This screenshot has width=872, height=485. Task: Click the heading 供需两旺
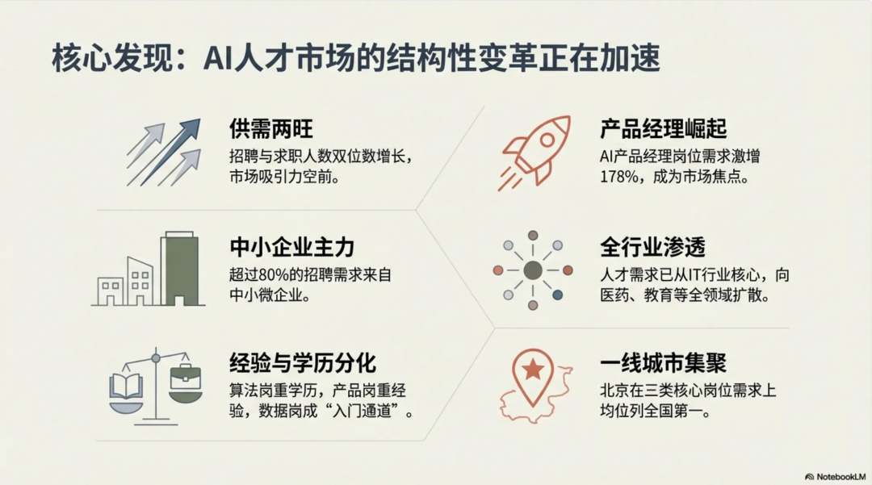coord(270,129)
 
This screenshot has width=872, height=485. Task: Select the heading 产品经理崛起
coord(664,129)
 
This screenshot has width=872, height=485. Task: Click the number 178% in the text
coord(617,176)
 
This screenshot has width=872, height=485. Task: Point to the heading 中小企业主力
coord(291,246)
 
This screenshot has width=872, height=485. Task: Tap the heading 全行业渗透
coord(653,246)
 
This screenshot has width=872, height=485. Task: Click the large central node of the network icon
coord(533,270)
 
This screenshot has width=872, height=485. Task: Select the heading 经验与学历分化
coord(303,362)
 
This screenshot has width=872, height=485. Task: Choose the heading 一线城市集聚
coord(664,362)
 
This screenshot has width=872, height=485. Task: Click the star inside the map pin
coord(533,370)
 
